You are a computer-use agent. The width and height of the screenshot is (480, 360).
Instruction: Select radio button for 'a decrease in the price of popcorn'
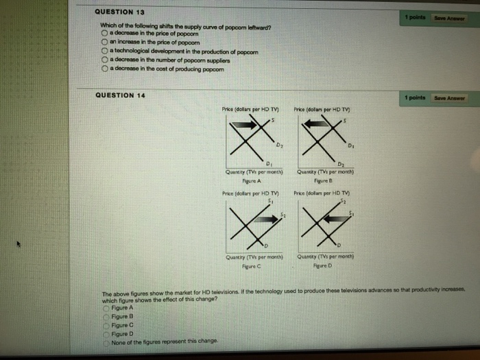click(104, 34)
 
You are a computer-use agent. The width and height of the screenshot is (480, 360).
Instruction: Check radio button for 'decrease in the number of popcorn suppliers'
click(104, 60)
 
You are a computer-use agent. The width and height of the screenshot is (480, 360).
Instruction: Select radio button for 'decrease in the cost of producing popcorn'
click(104, 68)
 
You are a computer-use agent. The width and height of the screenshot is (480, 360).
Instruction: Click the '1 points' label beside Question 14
click(416, 98)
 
